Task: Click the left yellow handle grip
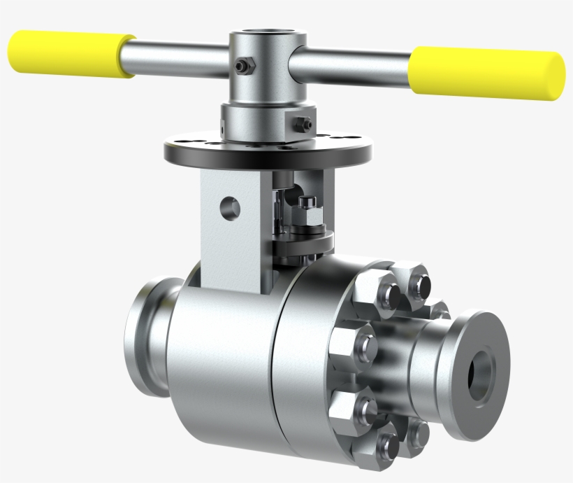click(x=70, y=53)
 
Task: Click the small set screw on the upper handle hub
click(x=242, y=66)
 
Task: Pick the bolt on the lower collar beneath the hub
click(x=303, y=125)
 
